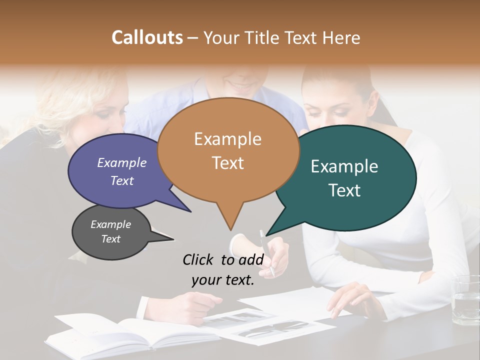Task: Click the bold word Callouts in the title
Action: point(147,37)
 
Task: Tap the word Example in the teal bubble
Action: point(344,166)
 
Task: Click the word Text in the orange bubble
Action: point(228,162)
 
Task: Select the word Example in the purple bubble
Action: point(121,162)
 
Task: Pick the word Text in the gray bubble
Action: point(110,239)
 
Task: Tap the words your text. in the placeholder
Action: point(223,280)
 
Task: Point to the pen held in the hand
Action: point(267,252)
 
